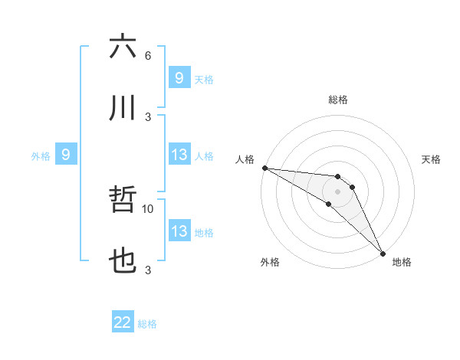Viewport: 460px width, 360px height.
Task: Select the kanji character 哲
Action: tap(123, 201)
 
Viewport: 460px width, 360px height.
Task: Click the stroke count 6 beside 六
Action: tap(148, 55)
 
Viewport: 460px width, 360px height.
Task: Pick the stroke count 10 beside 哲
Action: tap(148, 208)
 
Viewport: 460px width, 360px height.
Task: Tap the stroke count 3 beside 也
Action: tap(148, 270)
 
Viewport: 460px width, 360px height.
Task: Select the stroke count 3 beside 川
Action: tap(148, 116)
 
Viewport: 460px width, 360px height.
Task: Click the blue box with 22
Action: tap(123, 322)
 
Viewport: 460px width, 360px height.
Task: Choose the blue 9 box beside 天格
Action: tap(179, 77)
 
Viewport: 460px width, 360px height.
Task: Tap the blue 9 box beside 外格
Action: tap(66, 155)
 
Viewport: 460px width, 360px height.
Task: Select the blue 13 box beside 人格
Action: tap(179, 155)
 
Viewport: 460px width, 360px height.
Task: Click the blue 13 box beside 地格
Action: tap(179, 231)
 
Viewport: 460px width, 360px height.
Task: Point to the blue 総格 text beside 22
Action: tap(147, 324)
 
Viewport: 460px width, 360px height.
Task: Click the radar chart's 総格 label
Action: tap(337, 100)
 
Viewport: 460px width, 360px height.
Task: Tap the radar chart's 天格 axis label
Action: tap(432, 159)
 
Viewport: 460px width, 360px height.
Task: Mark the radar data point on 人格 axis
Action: tap(264, 168)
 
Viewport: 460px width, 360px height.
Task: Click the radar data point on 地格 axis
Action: tap(383, 253)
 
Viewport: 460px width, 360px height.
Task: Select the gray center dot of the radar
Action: tap(337, 191)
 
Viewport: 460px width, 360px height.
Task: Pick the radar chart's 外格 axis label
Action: tap(270, 262)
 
